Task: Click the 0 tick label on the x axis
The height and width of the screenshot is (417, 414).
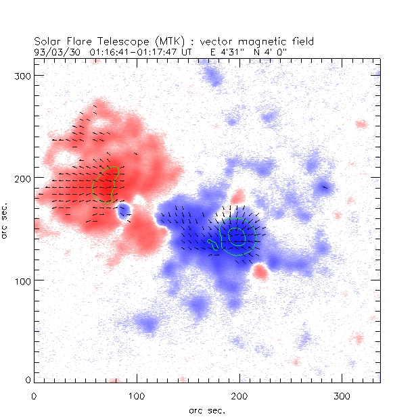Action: click(34, 395)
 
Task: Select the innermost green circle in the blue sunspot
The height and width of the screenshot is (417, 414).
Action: click(236, 236)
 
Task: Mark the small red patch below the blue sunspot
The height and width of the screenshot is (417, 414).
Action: click(260, 272)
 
